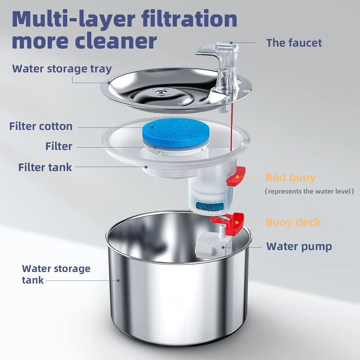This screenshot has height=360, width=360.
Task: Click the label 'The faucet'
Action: click(x=294, y=43)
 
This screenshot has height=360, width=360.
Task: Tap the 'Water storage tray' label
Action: click(x=62, y=69)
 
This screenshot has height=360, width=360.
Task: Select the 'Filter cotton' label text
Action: click(x=41, y=126)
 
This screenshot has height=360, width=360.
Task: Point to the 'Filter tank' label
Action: click(x=45, y=167)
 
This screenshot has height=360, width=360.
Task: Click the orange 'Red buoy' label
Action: click(x=290, y=178)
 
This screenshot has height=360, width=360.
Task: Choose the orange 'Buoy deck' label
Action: click(x=293, y=222)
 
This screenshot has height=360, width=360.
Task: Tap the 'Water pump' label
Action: click(x=299, y=247)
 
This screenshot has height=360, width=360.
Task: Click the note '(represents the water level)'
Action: click(x=309, y=191)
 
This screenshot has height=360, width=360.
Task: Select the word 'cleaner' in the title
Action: click(x=116, y=41)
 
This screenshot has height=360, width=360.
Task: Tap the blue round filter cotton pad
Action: click(x=176, y=132)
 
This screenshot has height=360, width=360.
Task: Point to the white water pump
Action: click(x=213, y=246)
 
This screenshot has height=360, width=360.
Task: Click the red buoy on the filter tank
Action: click(x=236, y=176)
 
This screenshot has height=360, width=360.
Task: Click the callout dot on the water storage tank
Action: click(x=118, y=280)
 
